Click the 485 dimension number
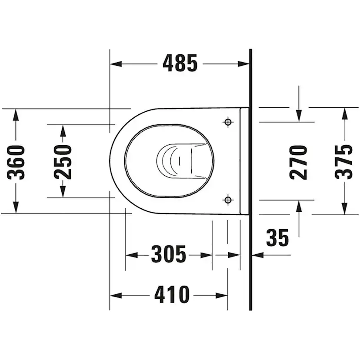[180, 63]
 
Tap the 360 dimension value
[16, 162]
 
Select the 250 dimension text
[63, 162]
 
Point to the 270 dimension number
[298, 162]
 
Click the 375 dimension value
[343, 162]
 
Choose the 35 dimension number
[277, 238]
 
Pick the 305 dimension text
[169, 254]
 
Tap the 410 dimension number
[172, 295]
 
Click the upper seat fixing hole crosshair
[228, 122]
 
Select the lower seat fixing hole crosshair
[228, 200]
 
